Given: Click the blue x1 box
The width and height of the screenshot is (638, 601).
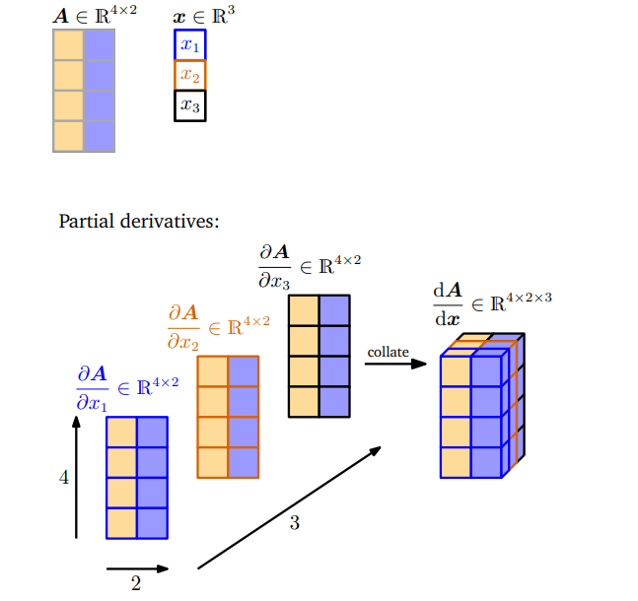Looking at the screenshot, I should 189,45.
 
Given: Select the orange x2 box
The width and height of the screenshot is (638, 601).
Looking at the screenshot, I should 189,75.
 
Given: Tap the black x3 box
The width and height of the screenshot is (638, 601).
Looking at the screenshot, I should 189,105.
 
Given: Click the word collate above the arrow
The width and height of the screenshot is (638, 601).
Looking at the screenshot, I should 388,352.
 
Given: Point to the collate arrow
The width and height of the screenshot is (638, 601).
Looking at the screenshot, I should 394,365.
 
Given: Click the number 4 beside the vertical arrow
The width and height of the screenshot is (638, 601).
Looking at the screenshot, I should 64,478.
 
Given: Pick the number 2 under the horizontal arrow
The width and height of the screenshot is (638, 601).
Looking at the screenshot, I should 136,583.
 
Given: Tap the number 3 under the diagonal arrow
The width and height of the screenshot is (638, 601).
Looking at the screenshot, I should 294,523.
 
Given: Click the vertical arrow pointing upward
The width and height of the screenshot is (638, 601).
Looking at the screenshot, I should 76,477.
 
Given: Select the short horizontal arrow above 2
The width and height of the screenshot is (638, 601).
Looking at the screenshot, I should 137,568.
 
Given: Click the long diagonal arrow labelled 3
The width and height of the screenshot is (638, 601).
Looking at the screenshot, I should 289,508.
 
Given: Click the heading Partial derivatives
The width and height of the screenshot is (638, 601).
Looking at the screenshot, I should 139,221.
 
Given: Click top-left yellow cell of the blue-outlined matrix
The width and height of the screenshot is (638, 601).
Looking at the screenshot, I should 121,433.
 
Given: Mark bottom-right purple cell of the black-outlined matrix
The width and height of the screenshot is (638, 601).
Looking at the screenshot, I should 333,401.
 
